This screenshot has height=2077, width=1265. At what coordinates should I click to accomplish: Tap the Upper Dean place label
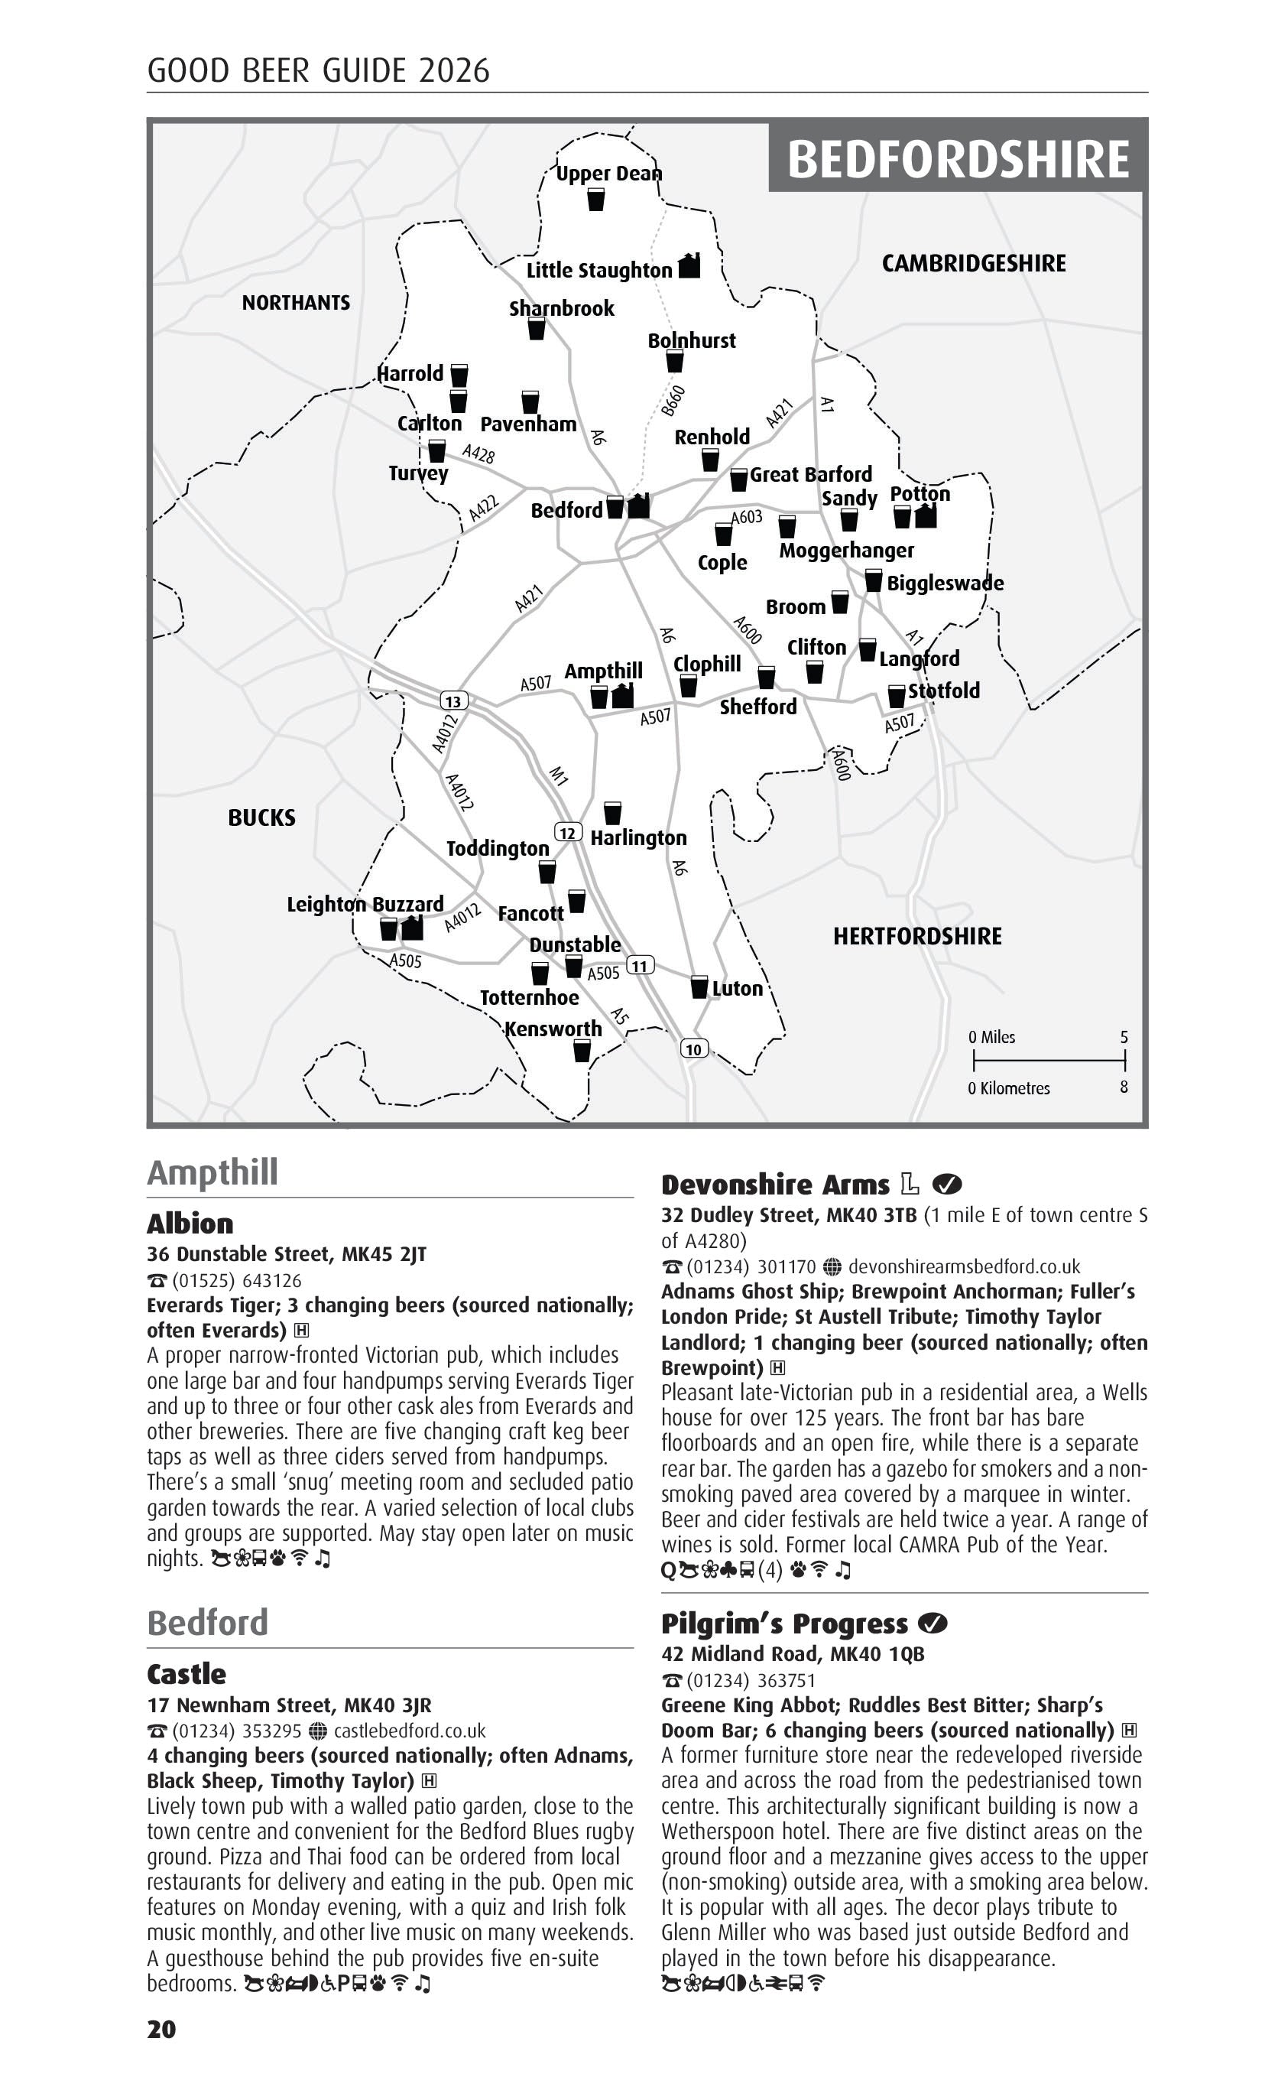(x=608, y=174)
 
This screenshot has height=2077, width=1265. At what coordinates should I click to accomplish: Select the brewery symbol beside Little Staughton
(x=689, y=265)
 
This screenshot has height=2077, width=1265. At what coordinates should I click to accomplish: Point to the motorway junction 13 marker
(x=453, y=700)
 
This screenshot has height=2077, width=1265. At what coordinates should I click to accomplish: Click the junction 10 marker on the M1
(x=693, y=1048)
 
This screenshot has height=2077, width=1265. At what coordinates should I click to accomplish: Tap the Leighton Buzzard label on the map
(x=365, y=905)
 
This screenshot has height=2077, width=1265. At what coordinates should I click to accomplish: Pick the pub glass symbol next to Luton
(x=699, y=987)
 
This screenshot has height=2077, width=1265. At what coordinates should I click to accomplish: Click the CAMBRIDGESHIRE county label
(x=974, y=264)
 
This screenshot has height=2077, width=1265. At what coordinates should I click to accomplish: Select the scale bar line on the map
(x=1049, y=1061)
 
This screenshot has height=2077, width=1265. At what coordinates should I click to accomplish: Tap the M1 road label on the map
(x=558, y=775)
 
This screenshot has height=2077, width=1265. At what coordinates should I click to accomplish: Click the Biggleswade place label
(x=945, y=583)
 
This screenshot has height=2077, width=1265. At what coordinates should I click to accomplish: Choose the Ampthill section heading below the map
(x=212, y=1172)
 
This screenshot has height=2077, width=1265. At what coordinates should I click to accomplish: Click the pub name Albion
(x=190, y=1224)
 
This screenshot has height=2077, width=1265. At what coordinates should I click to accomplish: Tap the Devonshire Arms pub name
(x=774, y=1185)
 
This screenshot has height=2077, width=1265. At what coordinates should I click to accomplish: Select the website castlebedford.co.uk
(x=410, y=1731)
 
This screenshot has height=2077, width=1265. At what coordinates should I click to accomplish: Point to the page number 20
(x=162, y=2029)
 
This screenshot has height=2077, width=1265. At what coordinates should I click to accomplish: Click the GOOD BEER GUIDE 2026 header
(x=318, y=70)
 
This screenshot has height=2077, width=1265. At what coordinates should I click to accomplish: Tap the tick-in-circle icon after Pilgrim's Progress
(x=932, y=1623)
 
